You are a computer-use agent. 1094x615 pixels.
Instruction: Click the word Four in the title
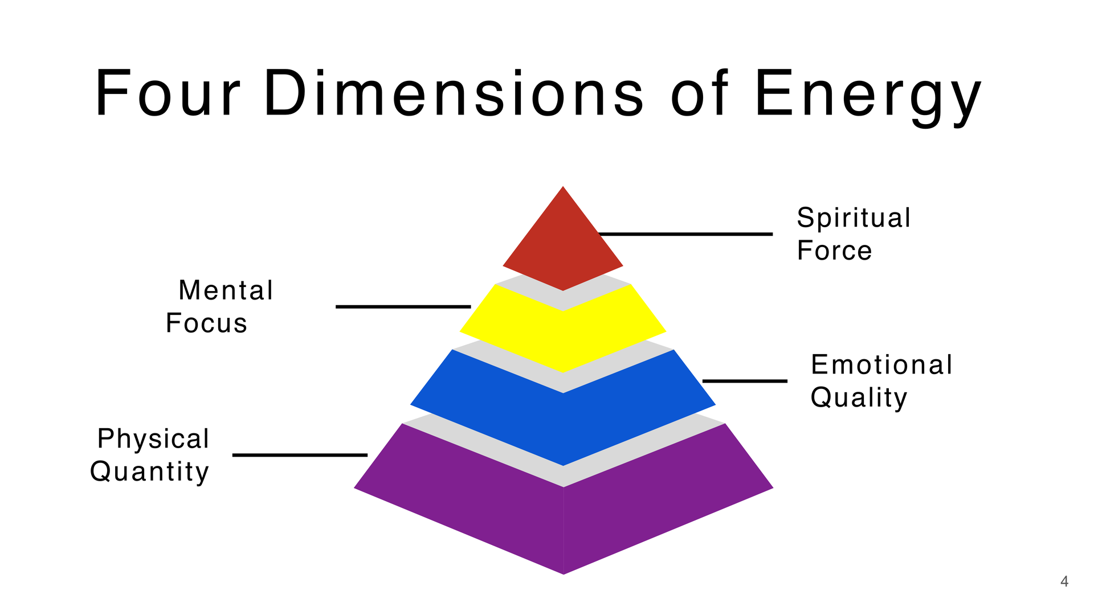(168, 93)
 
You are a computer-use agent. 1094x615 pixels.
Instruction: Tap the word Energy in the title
(868, 97)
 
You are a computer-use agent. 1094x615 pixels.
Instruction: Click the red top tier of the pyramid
(563, 245)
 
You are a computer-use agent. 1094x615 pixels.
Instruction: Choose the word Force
(834, 251)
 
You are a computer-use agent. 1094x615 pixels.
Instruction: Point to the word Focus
(206, 323)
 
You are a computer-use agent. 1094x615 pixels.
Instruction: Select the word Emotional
(881, 364)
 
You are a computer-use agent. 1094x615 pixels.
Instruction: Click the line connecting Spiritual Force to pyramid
(685, 234)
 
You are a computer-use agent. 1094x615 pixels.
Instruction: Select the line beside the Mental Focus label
(403, 307)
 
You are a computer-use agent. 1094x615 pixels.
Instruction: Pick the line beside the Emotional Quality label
(745, 381)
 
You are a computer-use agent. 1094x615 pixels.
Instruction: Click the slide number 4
(1064, 581)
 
